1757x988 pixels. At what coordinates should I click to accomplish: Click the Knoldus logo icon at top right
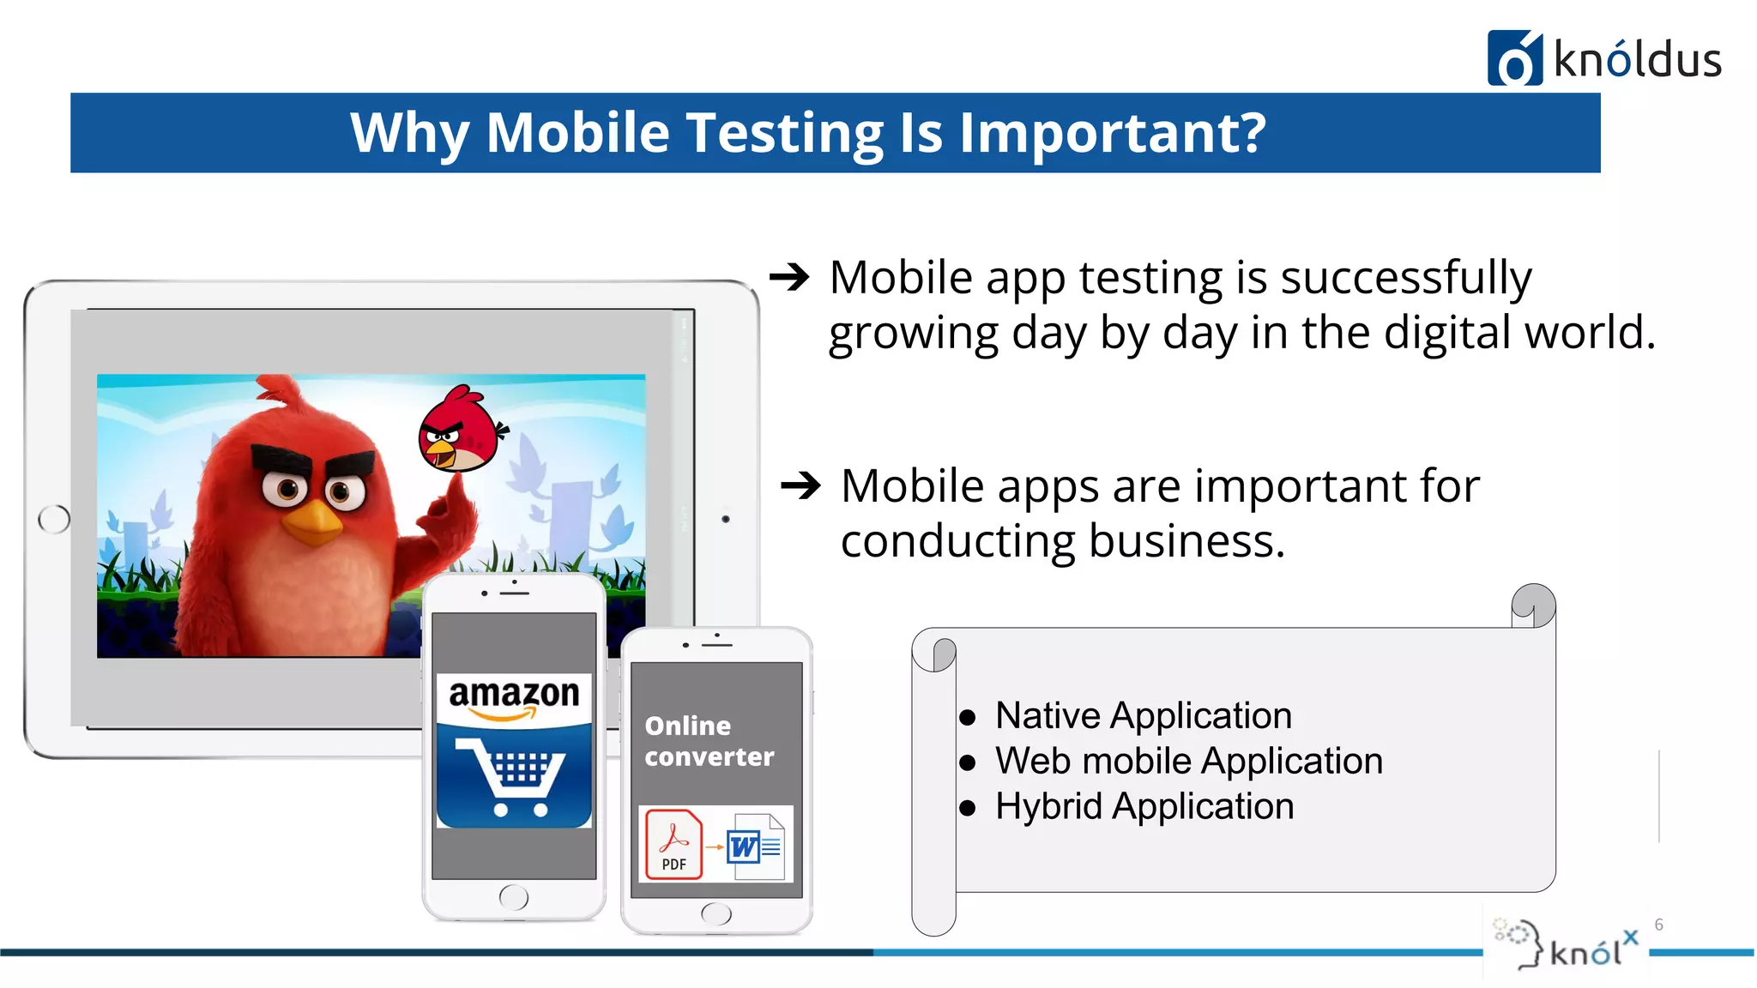tap(1514, 58)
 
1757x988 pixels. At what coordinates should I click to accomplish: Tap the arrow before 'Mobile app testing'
tap(789, 277)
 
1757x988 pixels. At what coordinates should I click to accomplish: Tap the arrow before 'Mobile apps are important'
tap(801, 485)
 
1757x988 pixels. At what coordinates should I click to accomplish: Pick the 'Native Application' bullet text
tap(1143, 715)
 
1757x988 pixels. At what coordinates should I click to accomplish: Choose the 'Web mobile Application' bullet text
tap(1188, 761)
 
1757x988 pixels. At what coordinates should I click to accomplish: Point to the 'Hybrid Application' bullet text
tap(1144, 806)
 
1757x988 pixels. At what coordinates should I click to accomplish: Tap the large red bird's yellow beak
tap(312, 522)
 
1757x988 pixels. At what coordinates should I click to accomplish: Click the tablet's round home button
tap(54, 519)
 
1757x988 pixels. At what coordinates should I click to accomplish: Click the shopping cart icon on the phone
tap(515, 777)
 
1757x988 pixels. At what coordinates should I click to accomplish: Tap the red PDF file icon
tap(673, 844)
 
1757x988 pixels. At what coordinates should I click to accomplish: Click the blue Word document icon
tap(755, 846)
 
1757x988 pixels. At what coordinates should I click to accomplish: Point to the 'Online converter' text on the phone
tap(709, 741)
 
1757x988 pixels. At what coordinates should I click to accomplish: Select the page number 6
tap(1658, 925)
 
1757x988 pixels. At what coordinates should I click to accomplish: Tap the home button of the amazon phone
tap(513, 897)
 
